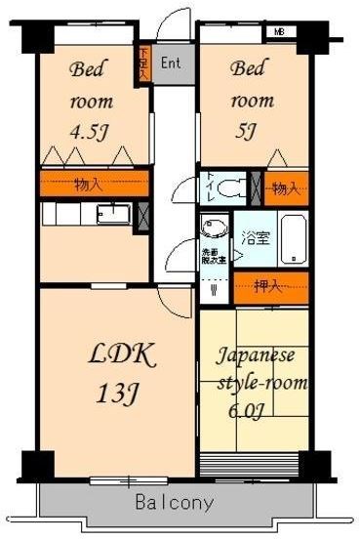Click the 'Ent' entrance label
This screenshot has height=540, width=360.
[170, 63]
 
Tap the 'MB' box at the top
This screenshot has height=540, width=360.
[280, 31]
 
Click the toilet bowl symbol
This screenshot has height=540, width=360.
[231, 186]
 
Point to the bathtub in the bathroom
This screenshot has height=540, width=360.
[295, 241]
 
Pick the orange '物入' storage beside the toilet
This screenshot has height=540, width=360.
[285, 187]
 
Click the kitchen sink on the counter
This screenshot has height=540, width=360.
[114, 214]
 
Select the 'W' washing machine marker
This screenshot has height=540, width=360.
[214, 288]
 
